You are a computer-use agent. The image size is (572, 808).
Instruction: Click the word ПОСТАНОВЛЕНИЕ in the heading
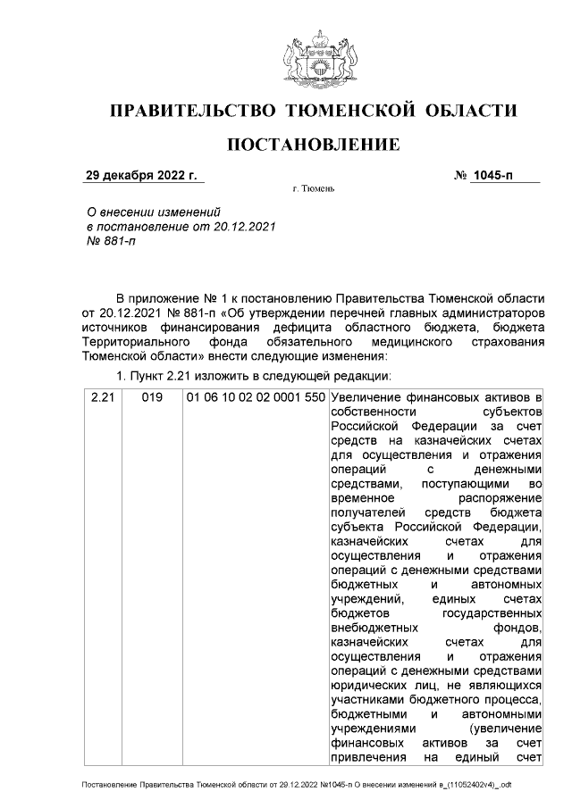pos(312,145)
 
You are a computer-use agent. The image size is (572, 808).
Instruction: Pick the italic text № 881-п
pos(109,242)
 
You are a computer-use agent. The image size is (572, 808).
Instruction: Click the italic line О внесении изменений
pos(151,212)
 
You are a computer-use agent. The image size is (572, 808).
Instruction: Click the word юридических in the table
pos(366,684)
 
